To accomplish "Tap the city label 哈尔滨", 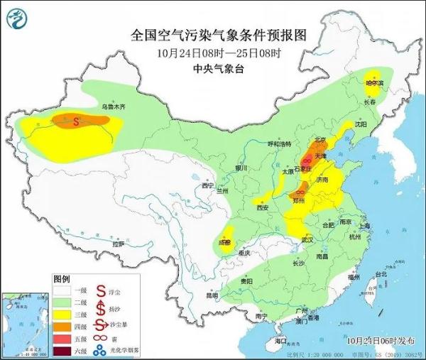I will (x=373, y=82).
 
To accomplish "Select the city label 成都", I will (x=225, y=241).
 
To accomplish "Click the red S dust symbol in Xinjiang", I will (x=77, y=121).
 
